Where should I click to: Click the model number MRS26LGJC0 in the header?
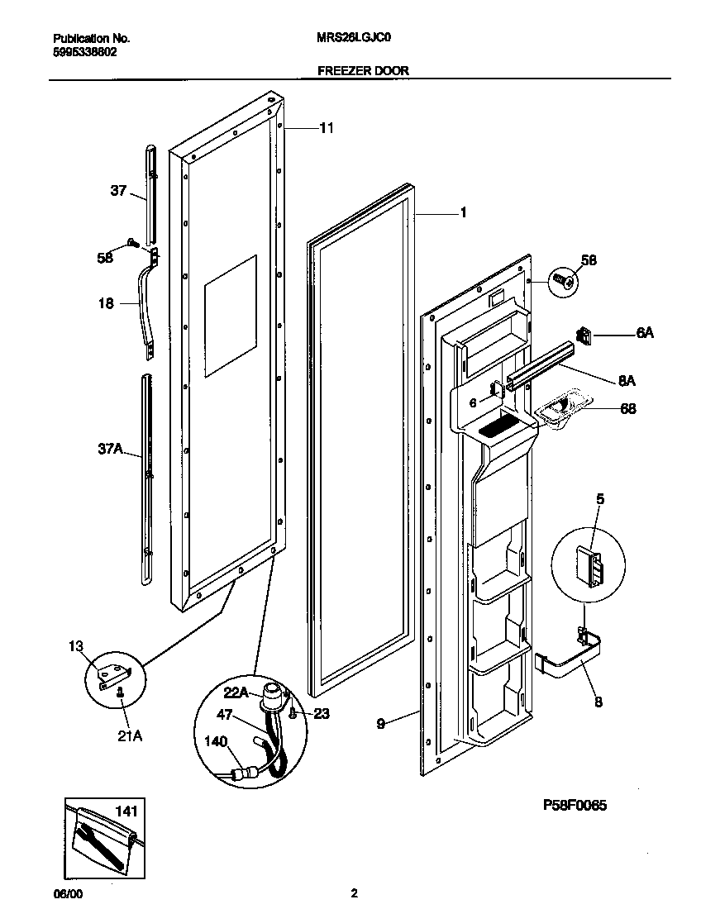(x=358, y=39)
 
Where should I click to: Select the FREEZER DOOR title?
(x=363, y=71)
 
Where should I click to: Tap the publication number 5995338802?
(x=85, y=51)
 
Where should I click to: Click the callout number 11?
(x=327, y=128)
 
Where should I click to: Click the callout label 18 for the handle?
(x=106, y=303)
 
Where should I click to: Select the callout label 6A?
(x=645, y=332)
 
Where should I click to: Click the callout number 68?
(x=628, y=408)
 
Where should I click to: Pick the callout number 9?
(x=381, y=723)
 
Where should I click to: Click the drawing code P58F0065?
(x=575, y=805)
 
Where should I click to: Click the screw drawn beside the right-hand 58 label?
(x=565, y=281)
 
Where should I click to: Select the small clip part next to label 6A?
(x=585, y=335)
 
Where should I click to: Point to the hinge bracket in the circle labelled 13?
(x=111, y=675)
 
